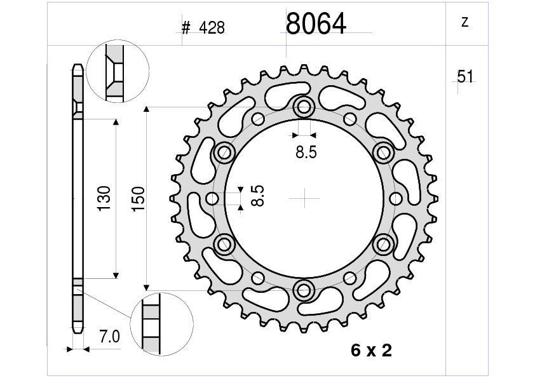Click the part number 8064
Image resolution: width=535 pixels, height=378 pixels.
tap(316, 24)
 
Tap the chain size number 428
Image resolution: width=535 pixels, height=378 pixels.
tap(212, 28)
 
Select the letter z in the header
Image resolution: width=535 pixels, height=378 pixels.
tap(464, 22)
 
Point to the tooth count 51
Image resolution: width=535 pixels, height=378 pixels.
tap(466, 76)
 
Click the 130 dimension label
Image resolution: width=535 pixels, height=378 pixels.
tap(104, 199)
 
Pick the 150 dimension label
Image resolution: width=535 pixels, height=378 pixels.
tap(138, 199)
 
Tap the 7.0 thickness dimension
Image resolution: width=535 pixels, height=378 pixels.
tap(109, 337)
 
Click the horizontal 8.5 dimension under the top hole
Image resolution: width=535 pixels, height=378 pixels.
tap(306, 152)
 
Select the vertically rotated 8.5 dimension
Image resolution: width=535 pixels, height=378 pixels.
tap(257, 196)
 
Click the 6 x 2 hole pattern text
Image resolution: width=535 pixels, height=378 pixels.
tap(372, 351)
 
